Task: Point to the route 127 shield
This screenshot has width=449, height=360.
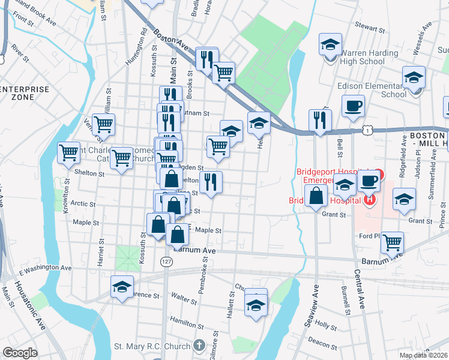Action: pos(166,262)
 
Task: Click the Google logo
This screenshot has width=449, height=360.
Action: pos(20,353)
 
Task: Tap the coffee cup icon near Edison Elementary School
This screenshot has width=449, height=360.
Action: pos(354,106)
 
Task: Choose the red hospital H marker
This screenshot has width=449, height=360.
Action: pos(370,199)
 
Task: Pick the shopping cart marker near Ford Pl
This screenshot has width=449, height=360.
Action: pos(393,243)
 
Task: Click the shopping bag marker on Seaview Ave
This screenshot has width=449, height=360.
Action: pos(316,196)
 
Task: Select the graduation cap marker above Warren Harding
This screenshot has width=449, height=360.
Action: pos(330,45)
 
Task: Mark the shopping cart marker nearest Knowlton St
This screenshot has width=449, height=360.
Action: pos(68,152)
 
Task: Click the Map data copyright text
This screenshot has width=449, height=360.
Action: pos(424,355)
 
